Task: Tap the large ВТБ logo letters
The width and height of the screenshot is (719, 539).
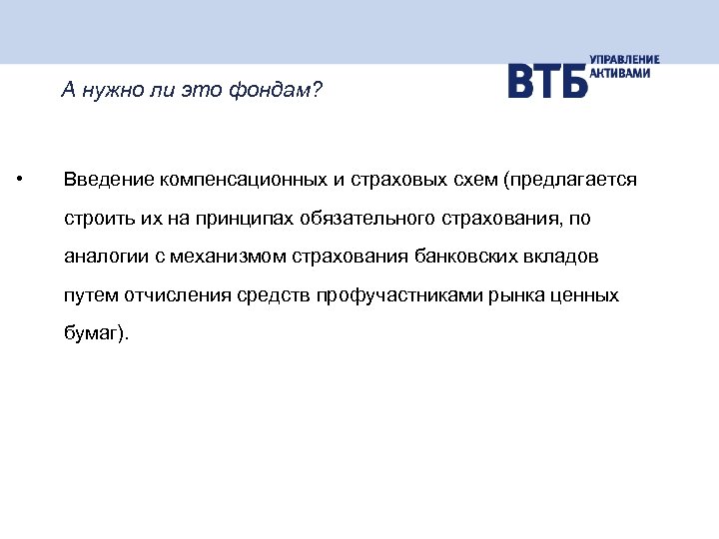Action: (x=547, y=81)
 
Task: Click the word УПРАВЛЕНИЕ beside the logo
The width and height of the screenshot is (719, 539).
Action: (x=624, y=60)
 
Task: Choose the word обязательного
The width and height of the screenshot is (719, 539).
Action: (x=351, y=219)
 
